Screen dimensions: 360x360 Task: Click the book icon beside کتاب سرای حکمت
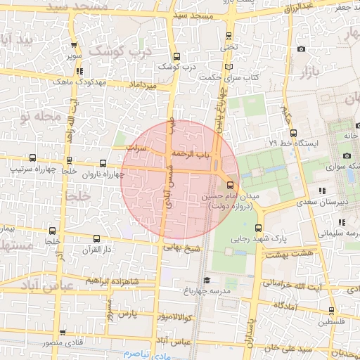click(x=227, y=67)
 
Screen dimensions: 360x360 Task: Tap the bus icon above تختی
click(x=229, y=38)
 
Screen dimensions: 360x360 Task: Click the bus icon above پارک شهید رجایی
click(x=259, y=227)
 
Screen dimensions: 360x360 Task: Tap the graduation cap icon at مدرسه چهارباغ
click(x=227, y=280)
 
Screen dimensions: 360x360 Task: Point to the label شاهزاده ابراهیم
click(x=112, y=280)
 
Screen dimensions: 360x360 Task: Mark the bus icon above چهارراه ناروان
click(x=103, y=162)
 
